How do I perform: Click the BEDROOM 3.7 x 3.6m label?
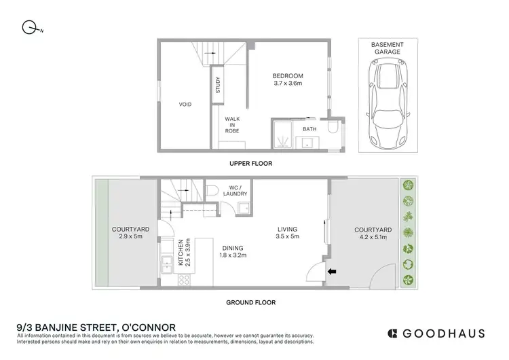point(287,80)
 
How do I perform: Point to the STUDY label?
point(218,86)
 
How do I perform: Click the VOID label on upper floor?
point(185,105)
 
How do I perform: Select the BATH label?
point(309,128)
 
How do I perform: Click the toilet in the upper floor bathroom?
point(333,128)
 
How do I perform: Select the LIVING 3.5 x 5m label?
point(288,233)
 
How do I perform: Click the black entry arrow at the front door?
point(332,272)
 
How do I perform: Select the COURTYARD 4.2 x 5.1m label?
point(372,234)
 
